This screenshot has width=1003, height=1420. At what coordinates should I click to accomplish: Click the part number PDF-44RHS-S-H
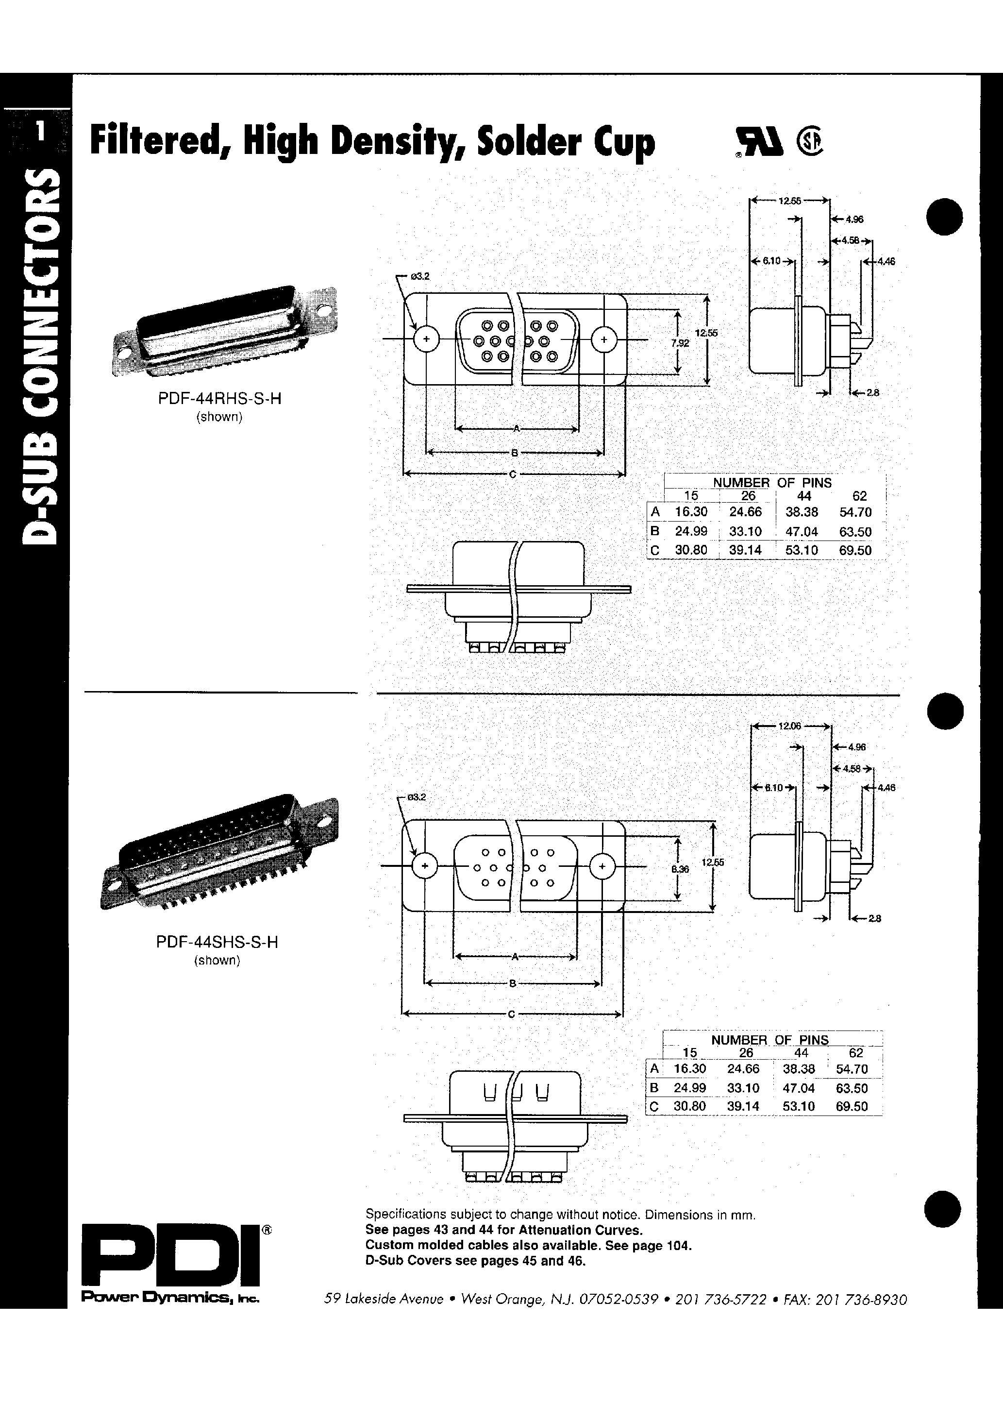(x=219, y=399)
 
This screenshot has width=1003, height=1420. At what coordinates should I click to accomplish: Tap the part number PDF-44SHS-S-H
(x=217, y=942)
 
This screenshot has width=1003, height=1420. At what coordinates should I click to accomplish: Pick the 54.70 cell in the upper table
(x=855, y=512)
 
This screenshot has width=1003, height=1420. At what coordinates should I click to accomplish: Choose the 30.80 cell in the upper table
(x=691, y=550)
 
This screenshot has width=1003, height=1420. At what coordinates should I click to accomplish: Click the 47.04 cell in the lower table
(x=799, y=1088)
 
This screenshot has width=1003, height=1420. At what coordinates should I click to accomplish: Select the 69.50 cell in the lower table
(x=852, y=1106)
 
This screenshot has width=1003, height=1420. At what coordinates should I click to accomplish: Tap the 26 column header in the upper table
(x=748, y=496)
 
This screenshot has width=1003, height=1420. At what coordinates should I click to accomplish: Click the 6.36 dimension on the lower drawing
(x=680, y=869)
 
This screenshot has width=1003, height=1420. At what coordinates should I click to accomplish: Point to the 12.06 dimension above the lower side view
(x=790, y=726)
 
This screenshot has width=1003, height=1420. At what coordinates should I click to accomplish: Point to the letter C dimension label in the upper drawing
(x=513, y=474)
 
